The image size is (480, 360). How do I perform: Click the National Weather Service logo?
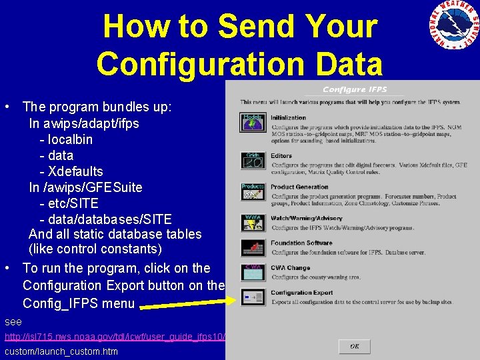point(453,27)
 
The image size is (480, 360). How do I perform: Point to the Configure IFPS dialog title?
point(355,89)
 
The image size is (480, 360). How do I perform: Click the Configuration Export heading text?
point(301,293)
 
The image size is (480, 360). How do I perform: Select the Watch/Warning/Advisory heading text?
point(306,218)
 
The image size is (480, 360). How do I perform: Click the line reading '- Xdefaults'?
point(71,171)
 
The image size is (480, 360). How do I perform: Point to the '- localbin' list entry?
point(66,139)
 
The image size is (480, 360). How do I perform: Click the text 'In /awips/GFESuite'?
point(85,187)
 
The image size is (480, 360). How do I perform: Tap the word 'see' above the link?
point(13,321)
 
